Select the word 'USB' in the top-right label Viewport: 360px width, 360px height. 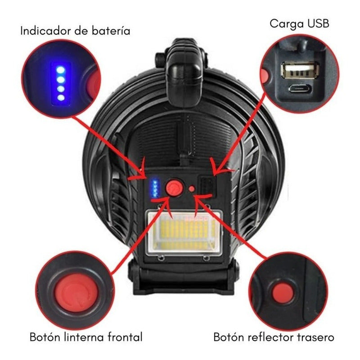[318, 24]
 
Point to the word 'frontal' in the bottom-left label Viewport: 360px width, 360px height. [122, 337]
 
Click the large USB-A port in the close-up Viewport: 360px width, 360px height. [300, 70]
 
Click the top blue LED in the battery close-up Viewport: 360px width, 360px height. [61, 70]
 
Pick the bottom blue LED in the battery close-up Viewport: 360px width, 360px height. [61, 98]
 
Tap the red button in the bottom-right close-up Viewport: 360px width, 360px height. [283, 293]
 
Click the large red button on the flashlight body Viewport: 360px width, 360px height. [174, 187]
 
